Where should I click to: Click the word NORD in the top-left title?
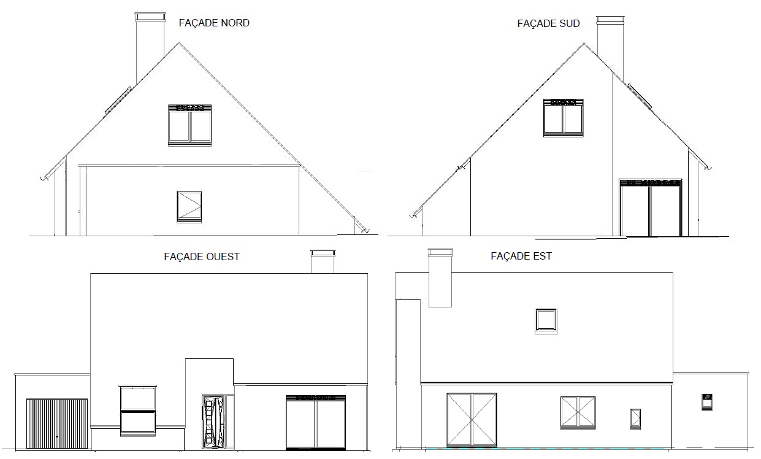point(235,23)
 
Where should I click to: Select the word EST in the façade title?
point(542,256)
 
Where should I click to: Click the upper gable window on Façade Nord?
point(190,125)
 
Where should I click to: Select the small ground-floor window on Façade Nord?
point(189,207)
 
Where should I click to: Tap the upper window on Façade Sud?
point(564,118)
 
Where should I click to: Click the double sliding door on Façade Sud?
point(650,207)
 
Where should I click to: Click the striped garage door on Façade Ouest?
point(57,423)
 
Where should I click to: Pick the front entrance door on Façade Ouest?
point(213,422)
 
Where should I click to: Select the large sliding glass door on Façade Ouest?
point(316,422)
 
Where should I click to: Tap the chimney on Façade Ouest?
point(323,261)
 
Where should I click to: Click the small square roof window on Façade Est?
point(546,321)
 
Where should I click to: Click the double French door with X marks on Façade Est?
point(472,420)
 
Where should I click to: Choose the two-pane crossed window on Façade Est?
point(578,412)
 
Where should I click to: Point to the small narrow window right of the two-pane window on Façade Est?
point(635,419)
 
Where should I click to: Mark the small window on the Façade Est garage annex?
point(707,402)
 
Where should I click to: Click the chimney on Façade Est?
point(440,278)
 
